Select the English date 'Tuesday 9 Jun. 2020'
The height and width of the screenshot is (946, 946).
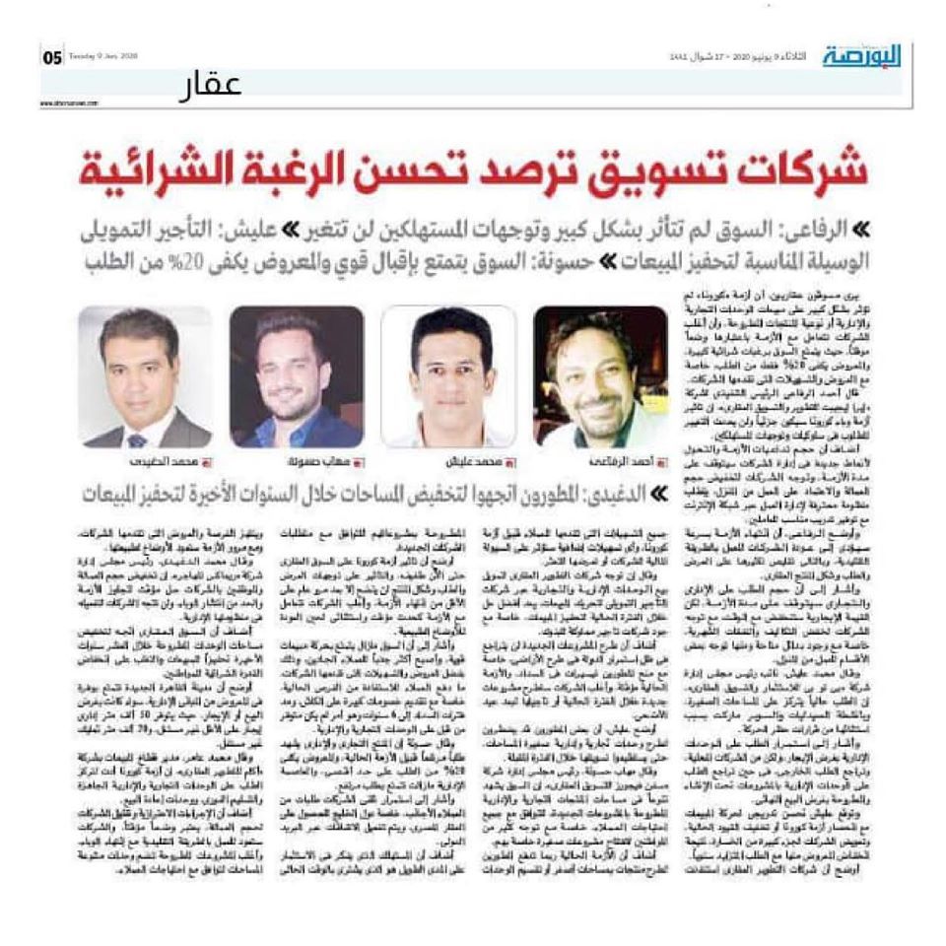(102, 56)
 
